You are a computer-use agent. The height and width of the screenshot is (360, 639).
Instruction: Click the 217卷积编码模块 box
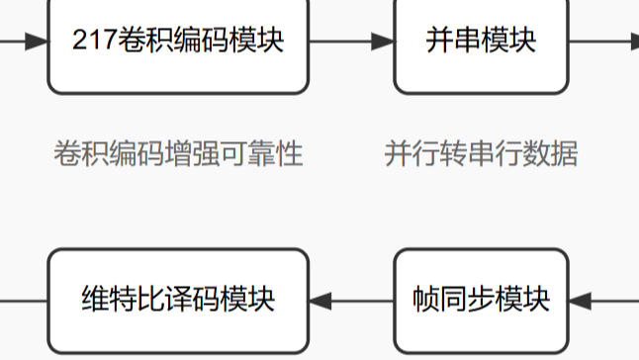point(178,45)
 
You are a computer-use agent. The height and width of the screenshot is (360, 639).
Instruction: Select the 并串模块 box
point(481,45)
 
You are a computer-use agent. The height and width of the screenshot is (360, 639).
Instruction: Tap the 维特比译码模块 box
point(178,299)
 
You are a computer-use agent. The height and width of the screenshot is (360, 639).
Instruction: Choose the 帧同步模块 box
point(481,299)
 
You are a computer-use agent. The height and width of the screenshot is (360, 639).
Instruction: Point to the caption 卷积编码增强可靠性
point(178,154)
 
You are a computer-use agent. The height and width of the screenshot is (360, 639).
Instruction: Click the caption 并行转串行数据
point(481,154)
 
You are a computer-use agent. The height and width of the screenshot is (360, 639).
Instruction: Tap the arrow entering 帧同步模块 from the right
point(603,299)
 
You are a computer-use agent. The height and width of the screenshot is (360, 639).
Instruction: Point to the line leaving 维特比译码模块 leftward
point(24,299)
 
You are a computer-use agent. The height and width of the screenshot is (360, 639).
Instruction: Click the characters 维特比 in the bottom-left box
point(117,299)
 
